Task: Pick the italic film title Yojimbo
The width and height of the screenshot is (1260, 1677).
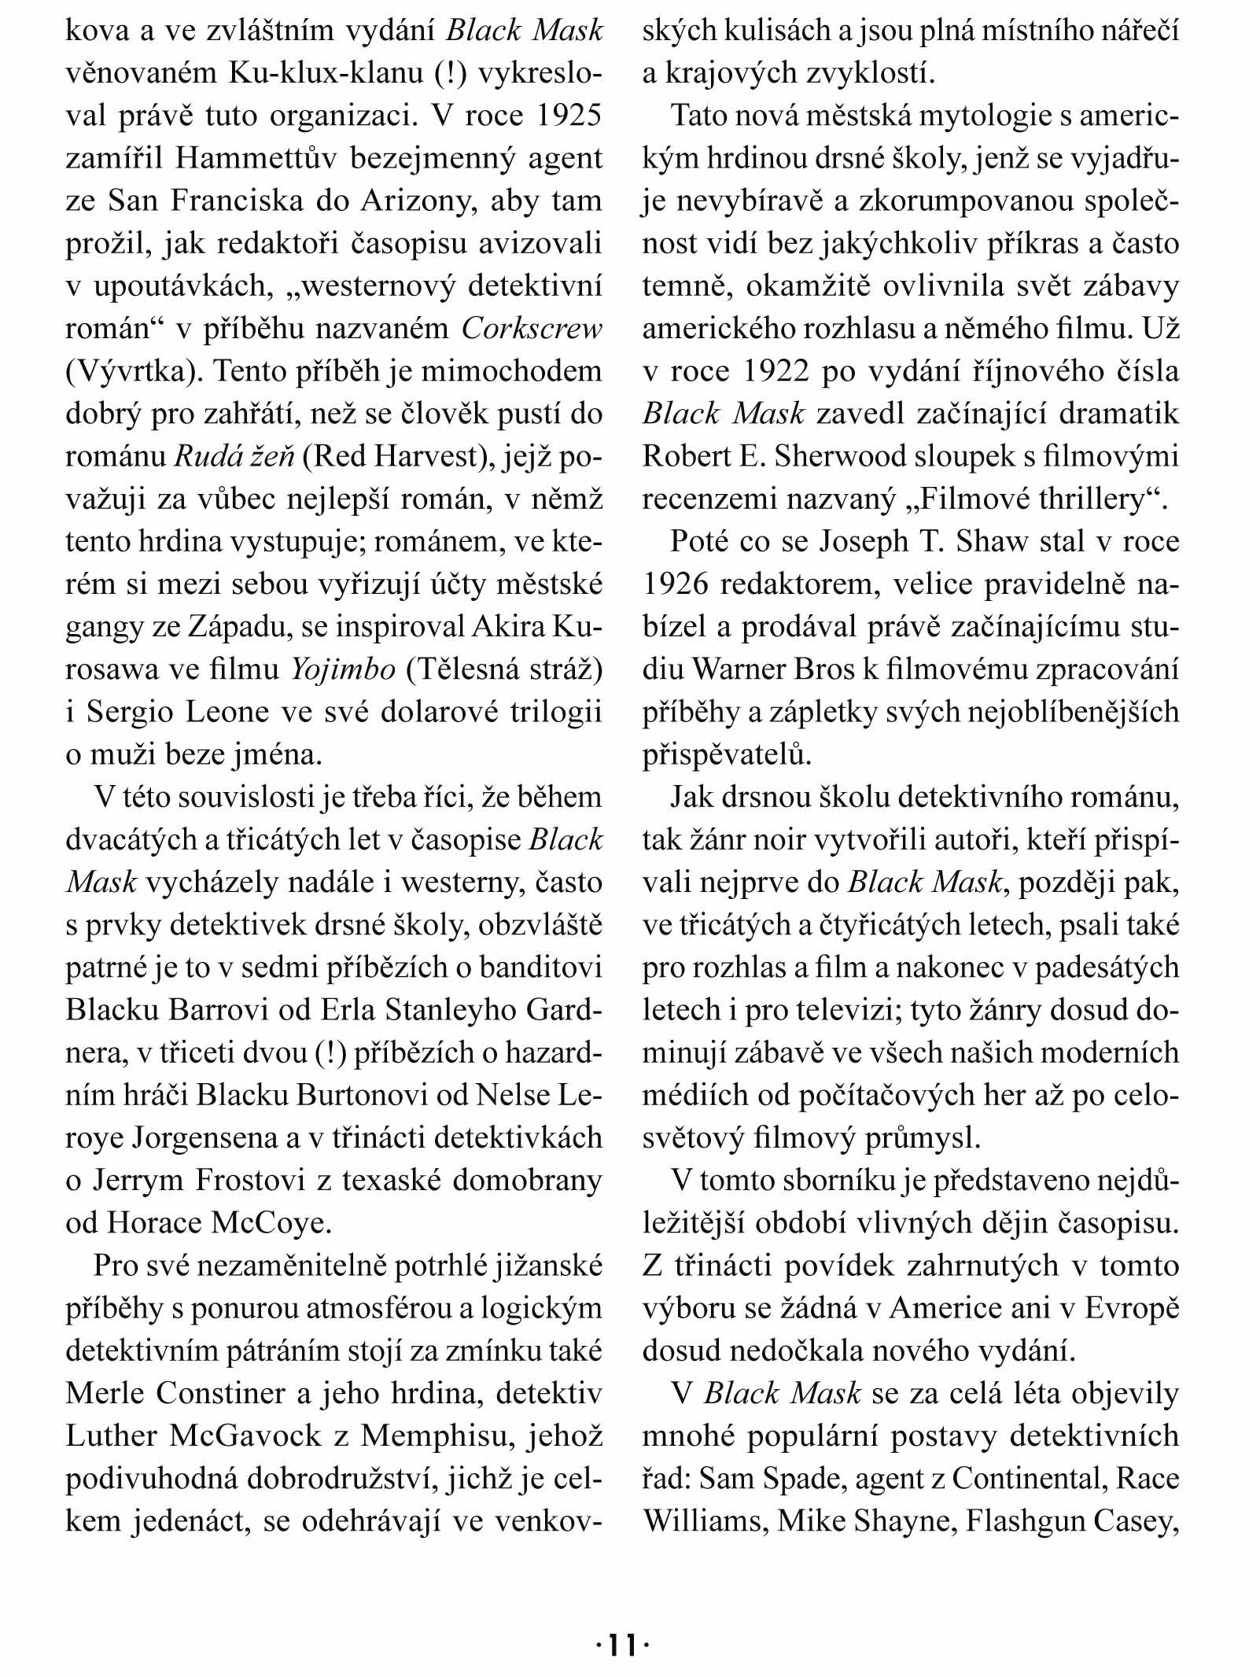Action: (x=343, y=669)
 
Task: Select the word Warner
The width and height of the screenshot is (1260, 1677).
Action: (x=745, y=669)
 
